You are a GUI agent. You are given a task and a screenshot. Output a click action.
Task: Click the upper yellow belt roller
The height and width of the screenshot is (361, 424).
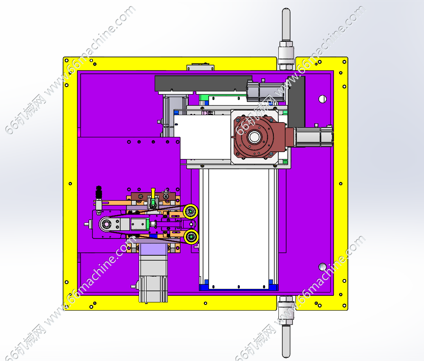191,211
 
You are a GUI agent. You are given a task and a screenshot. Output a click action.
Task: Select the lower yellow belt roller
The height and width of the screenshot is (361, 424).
192,236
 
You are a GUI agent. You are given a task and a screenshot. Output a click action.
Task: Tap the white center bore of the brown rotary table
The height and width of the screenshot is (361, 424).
254,137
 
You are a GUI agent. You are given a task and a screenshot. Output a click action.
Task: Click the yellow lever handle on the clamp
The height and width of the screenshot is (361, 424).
153,194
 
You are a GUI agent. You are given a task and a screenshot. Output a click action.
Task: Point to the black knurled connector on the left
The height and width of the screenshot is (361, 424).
99,192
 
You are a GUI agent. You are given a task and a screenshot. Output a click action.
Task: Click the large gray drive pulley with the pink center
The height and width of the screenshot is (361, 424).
106,224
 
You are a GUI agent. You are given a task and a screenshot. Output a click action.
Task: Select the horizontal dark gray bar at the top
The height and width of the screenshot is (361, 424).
203,84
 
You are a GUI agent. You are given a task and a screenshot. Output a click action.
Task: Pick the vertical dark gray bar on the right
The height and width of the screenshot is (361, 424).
296,102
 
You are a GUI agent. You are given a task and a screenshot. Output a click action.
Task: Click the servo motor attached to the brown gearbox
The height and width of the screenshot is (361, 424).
313,137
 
